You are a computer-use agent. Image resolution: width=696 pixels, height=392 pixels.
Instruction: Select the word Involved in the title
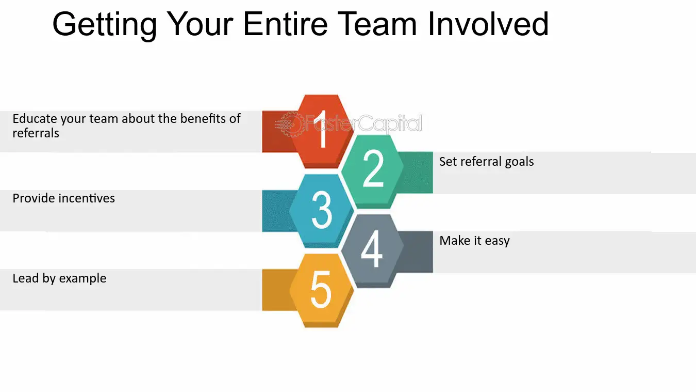[488, 24]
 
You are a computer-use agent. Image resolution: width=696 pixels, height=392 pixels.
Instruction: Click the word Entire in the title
[285, 24]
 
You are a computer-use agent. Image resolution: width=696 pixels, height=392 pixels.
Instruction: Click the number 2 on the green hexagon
[373, 168]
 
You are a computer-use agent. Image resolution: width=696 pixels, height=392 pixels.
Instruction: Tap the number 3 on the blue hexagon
[322, 210]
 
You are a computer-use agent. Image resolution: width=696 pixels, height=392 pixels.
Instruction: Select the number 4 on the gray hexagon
[372, 248]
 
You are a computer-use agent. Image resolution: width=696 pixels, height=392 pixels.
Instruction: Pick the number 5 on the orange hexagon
[321, 289]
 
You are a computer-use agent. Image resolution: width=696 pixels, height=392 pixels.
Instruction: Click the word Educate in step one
[35, 119]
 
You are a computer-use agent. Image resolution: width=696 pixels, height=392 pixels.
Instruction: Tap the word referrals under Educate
[36, 133]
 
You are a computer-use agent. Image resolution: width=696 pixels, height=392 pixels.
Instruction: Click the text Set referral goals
[486, 162]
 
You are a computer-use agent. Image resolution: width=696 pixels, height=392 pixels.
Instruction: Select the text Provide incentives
[64, 198]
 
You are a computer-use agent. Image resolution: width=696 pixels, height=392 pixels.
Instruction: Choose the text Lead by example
[59, 278]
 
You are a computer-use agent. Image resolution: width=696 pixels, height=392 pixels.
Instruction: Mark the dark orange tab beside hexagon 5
[277, 290]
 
